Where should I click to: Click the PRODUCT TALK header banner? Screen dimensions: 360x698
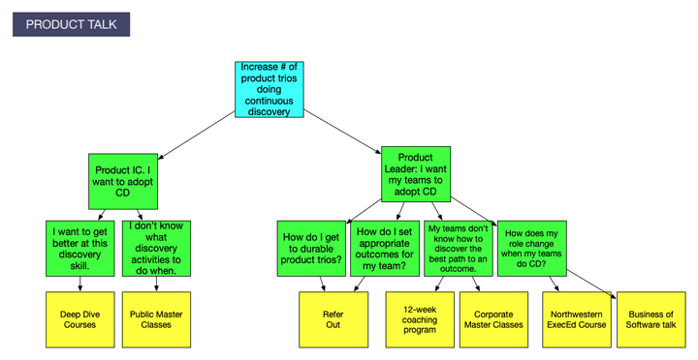click(71, 25)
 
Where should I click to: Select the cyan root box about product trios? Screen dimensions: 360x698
click(269, 90)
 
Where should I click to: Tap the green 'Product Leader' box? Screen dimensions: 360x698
click(416, 173)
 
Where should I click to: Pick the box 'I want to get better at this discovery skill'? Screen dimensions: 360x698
click(81, 249)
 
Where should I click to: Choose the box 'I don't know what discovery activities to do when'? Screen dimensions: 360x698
click(156, 249)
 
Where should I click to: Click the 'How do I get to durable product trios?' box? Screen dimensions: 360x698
click(311, 249)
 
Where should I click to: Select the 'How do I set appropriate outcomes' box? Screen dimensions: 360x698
click(386, 249)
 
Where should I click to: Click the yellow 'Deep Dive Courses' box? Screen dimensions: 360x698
click(79, 319)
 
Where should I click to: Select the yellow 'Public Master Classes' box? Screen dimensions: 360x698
click(156, 319)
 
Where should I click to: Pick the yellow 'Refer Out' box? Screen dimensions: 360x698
click(333, 319)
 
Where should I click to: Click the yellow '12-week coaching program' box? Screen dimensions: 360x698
click(420, 319)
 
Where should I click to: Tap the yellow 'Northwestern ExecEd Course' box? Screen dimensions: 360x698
click(578, 319)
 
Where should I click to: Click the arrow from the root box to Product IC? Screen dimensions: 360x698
click(195, 134)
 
